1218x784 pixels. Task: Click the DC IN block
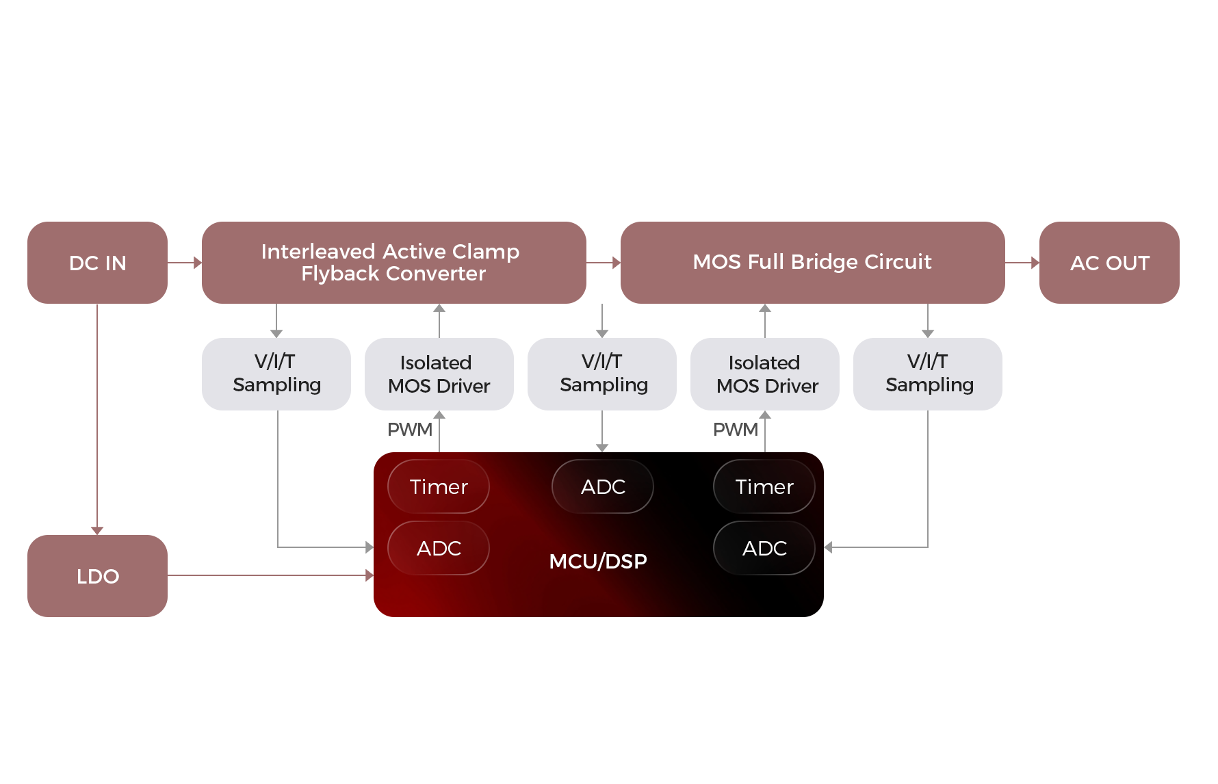(x=97, y=263)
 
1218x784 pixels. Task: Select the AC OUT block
(x=1109, y=263)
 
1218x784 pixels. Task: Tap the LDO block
(x=97, y=576)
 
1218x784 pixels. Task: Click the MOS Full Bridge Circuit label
(x=812, y=261)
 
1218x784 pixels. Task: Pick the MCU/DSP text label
(x=597, y=561)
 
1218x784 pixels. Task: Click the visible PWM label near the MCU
(x=409, y=430)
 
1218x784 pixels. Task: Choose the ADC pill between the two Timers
(x=602, y=486)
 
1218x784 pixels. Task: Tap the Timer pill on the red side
(x=438, y=486)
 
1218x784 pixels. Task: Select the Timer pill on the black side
(x=764, y=486)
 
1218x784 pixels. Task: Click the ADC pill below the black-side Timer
(x=764, y=548)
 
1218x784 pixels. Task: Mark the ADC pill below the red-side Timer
(x=438, y=548)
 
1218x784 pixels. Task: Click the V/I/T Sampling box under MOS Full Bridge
(x=928, y=374)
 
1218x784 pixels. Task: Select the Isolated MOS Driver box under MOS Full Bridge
(x=765, y=374)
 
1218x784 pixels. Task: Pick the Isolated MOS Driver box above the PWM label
(x=439, y=374)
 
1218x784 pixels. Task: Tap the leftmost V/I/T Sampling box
(x=276, y=374)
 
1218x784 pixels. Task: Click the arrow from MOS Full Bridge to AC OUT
(x=1022, y=263)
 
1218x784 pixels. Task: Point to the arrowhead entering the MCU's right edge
(x=829, y=547)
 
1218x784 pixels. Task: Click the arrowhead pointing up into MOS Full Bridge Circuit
(x=765, y=309)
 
